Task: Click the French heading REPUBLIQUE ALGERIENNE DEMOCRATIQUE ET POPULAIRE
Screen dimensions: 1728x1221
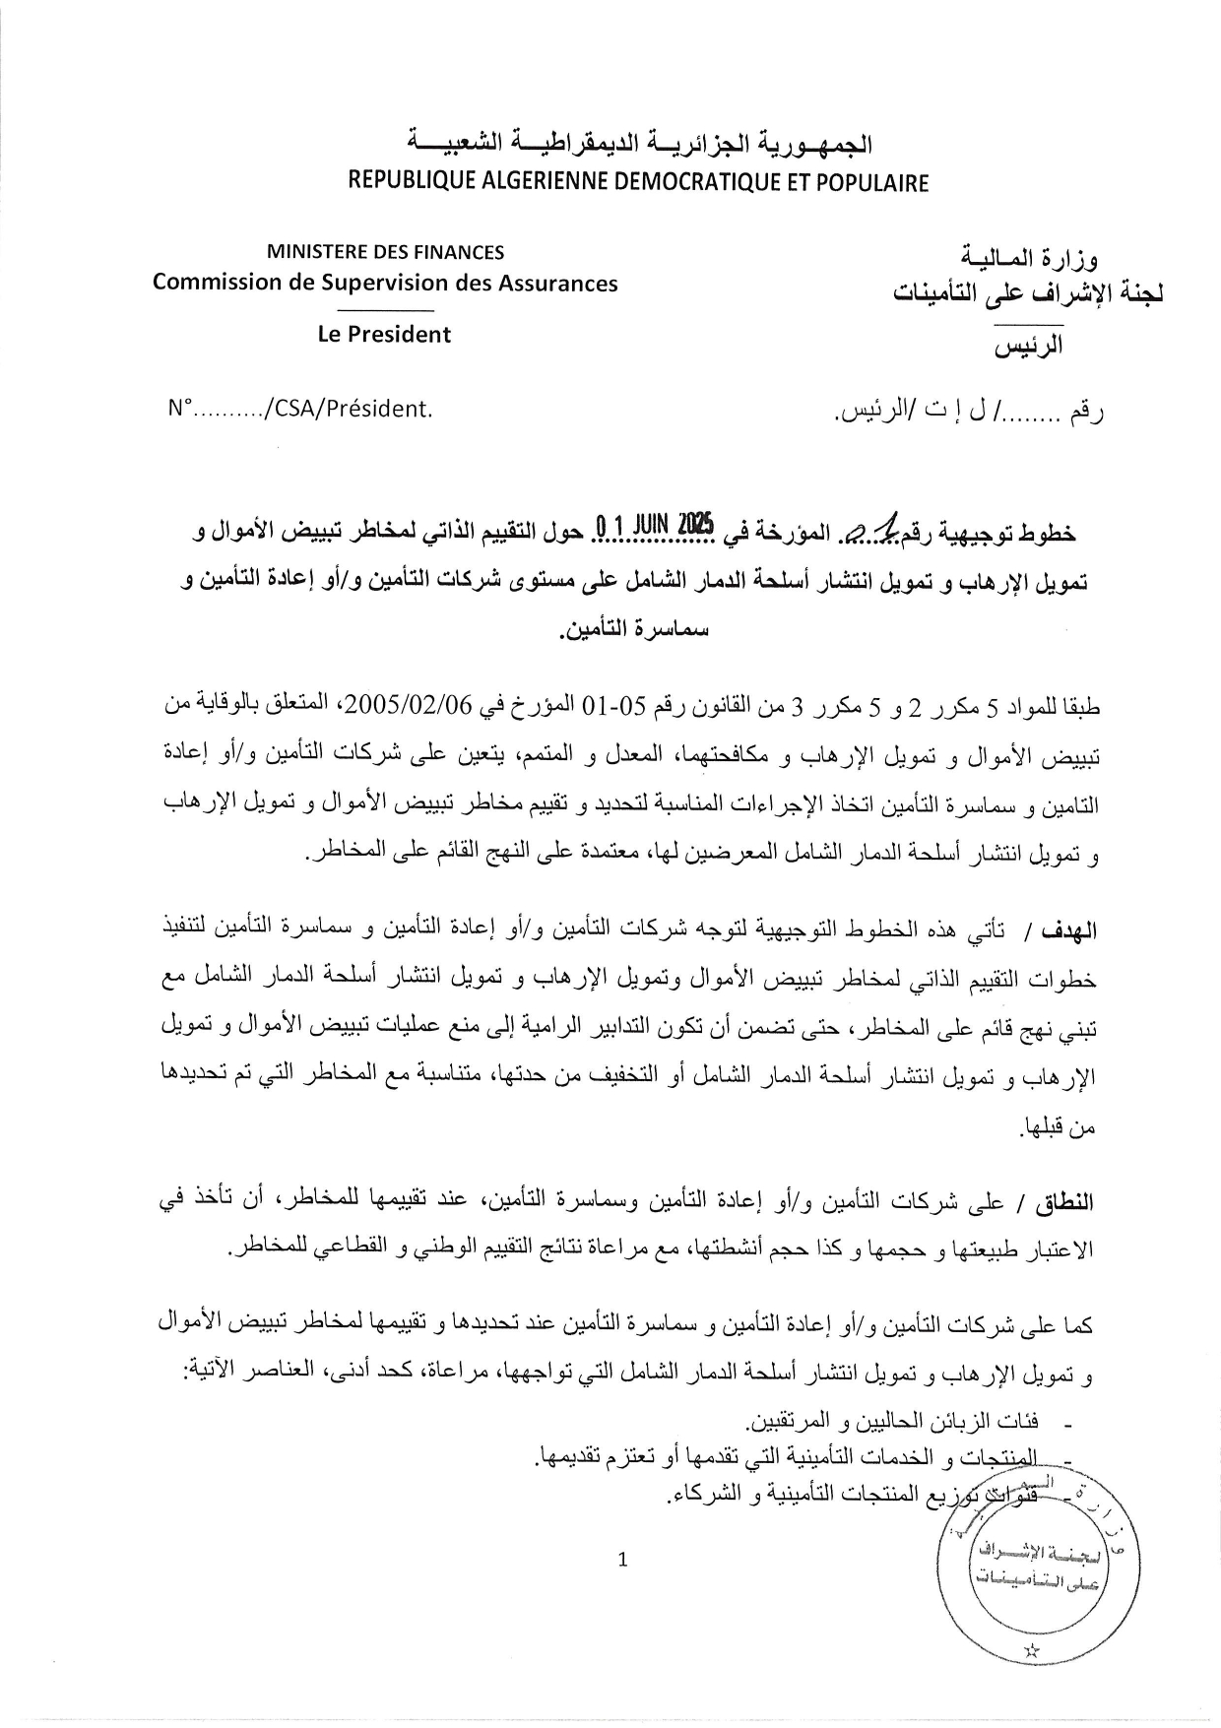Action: click(x=638, y=183)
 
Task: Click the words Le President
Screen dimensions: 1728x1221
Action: click(x=384, y=334)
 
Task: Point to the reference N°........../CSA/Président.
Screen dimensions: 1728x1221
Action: click(x=300, y=409)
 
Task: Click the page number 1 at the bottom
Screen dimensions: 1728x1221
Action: click(x=621, y=1559)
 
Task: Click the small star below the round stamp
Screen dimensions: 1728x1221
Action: click(x=1032, y=1649)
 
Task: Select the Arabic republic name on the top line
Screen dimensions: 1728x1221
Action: click(x=640, y=146)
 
